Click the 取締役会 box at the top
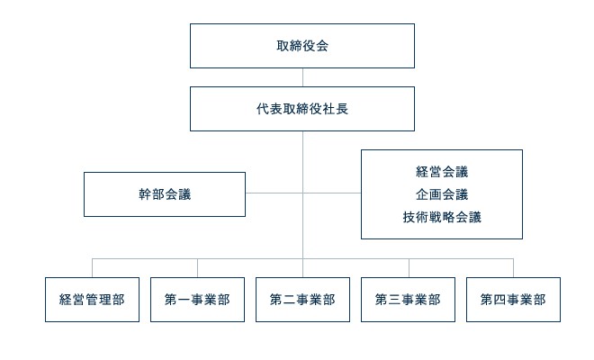[302, 46]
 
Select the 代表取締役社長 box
[302, 109]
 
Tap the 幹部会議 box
[164, 194]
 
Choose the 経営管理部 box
[92, 301]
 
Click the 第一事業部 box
[197, 301]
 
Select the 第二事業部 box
[302, 301]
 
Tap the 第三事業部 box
[408, 301]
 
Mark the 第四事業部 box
[513, 301]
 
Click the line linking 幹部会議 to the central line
[274, 193]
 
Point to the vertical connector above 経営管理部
[93, 267]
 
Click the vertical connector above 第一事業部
[198, 267]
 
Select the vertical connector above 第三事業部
[409, 267]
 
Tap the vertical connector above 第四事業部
[513, 267]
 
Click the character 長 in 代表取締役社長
[343, 109]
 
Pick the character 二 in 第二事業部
[289, 301]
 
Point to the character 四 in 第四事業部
[499, 301]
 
